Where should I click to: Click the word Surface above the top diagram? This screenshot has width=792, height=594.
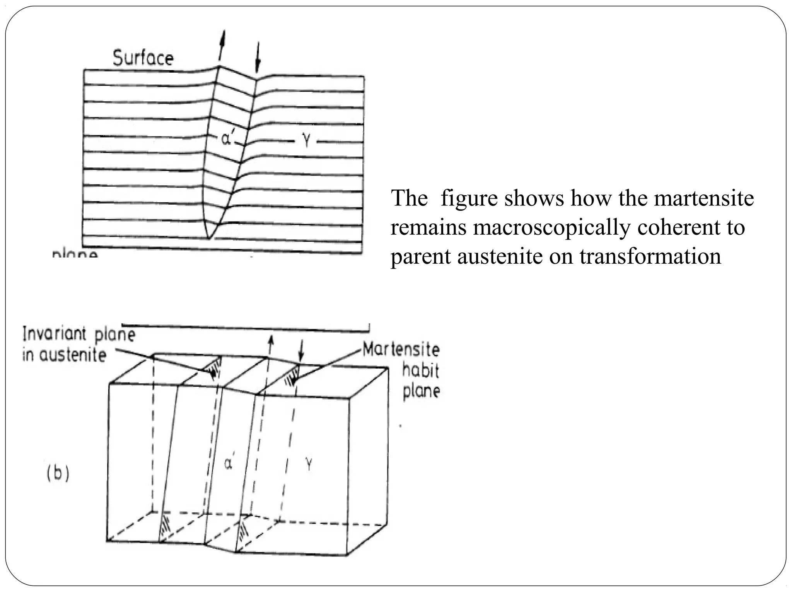coord(143,58)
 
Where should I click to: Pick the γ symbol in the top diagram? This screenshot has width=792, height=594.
coord(306,142)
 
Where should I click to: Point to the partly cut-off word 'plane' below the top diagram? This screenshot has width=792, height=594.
coord(75,254)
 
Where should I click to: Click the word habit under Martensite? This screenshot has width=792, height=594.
coord(420,370)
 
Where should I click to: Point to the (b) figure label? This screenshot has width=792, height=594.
coord(58,473)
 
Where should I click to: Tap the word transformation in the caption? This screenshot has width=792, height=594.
coord(650,256)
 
